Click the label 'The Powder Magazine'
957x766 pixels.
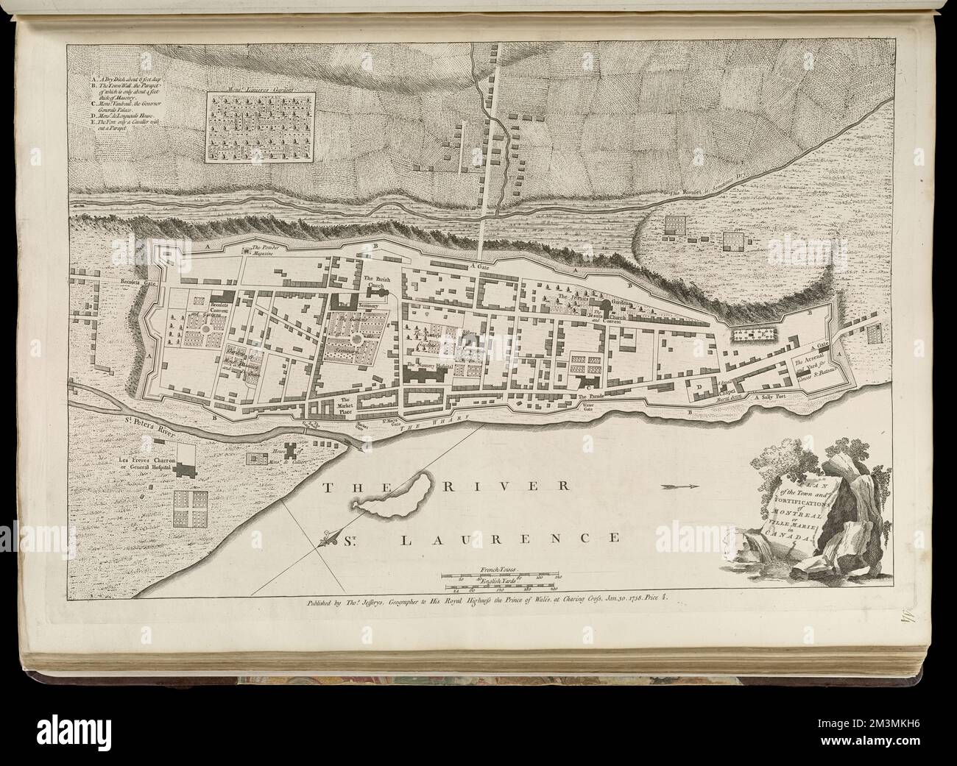(x=263, y=251)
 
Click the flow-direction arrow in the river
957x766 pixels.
(x=682, y=486)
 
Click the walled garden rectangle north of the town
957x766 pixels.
(x=257, y=125)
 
